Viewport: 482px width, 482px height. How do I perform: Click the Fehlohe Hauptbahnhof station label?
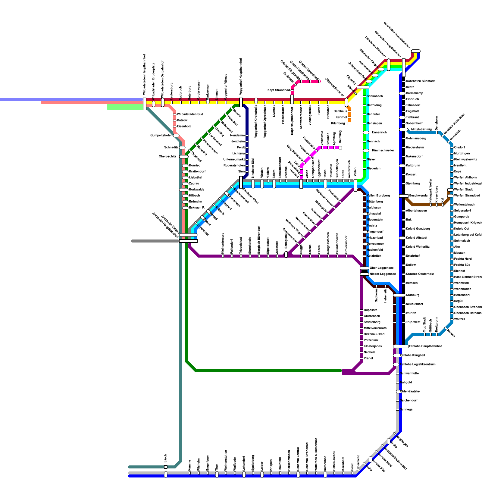[425, 346]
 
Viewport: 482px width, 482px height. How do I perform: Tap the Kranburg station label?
[412, 295]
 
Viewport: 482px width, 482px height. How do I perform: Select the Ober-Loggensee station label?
[381, 268]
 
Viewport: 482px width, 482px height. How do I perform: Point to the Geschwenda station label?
[418, 196]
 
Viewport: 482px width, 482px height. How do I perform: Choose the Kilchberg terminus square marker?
[349, 124]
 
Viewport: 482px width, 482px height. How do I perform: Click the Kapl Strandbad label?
[278, 90]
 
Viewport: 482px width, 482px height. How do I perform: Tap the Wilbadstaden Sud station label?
[190, 114]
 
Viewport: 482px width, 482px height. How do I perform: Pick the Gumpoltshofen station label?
[161, 136]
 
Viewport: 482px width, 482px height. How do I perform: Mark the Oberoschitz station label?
[167, 157]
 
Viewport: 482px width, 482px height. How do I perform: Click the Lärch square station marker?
[166, 467]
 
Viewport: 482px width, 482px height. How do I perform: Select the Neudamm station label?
[237, 136]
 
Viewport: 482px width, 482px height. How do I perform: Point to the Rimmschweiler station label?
[383, 151]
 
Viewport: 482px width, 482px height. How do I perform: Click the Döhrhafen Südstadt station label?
[420, 81]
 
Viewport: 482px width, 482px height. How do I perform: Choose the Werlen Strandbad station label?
[467, 196]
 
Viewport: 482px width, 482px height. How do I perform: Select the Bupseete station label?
[370, 310]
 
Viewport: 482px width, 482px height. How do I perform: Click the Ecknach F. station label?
[197, 208]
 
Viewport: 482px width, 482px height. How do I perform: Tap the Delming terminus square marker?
[340, 148]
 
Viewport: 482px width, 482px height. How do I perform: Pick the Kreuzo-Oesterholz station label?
[420, 274]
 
